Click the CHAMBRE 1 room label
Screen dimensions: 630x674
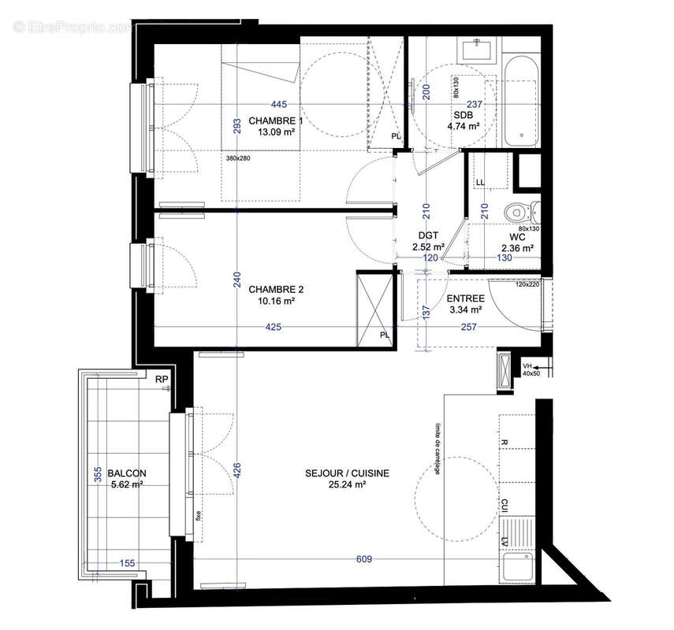pos(276,120)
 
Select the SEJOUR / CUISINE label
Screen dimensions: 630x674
pos(348,473)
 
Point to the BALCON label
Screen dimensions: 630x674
pos(127,473)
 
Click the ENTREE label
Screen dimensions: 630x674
pos(465,299)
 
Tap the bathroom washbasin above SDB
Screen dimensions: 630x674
pos(479,50)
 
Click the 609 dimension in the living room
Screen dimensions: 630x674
pos(363,559)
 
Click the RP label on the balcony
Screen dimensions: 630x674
pos(162,380)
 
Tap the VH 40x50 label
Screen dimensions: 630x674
pos(529,369)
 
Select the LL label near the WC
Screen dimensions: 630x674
pos(479,183)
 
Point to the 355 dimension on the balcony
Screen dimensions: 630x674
pos(99,475)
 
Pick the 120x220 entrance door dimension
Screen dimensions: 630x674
pos(527,284)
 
